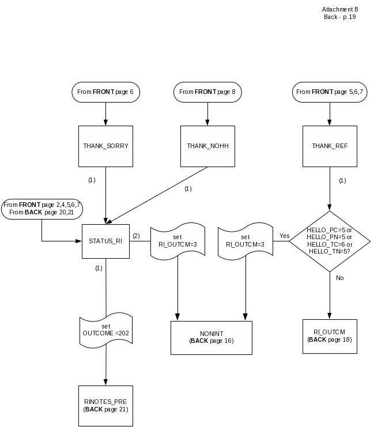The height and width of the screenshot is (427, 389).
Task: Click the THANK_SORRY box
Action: (105, 146)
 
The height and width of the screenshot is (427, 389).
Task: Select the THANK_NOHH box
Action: (207, 146)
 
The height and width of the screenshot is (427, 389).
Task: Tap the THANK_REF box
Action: (330, 146)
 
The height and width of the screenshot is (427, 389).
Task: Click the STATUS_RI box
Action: (105, 240)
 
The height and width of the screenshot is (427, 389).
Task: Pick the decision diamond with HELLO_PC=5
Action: (330, 241)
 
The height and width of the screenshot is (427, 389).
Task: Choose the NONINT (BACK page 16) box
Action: (212, 337)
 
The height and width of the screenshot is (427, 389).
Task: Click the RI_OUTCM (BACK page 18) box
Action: (330, 335)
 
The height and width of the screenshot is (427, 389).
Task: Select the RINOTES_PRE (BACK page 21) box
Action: (105, 405)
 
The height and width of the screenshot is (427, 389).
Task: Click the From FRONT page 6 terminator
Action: (105, 92)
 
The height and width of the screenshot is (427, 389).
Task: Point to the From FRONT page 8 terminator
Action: (207, 92)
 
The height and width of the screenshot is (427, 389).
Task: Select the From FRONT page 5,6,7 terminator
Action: (330, 92)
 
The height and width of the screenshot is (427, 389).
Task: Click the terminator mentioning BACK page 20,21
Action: (41, 209)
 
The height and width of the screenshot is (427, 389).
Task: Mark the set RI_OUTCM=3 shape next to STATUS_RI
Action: (177, 240)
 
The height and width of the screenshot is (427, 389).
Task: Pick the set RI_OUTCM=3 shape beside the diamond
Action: (246, 240)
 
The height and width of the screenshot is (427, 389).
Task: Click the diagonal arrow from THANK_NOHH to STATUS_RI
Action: (158, 195)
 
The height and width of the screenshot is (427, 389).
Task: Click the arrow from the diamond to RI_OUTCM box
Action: (330, 294)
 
